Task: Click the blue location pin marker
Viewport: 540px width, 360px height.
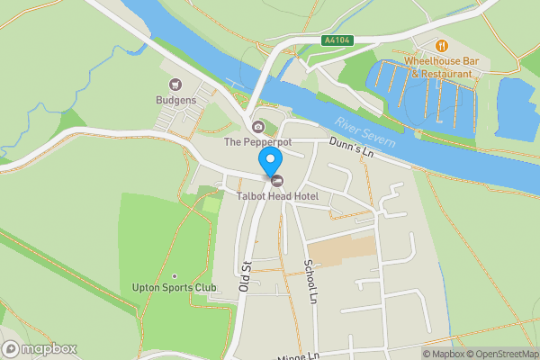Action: [269, 160]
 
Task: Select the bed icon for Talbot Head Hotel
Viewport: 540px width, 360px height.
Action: [276, 180]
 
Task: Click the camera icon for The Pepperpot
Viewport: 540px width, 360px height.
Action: [258, 127]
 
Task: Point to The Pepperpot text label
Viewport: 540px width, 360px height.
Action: [257, 142]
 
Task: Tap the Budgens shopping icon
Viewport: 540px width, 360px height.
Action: [175, 85]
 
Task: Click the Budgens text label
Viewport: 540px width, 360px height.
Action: [175, 100]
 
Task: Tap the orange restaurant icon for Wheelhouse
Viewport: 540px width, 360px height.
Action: [441, 45]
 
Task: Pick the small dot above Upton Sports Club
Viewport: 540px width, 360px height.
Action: [175, 275]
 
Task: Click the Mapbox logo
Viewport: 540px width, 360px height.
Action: [40, 349]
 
